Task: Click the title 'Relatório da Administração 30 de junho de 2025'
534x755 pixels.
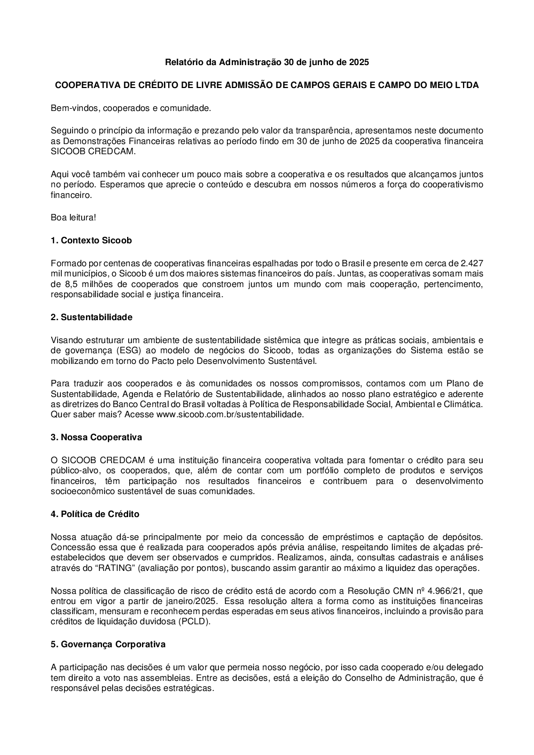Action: click(x=266, y=62)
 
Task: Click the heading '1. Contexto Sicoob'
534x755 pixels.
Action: click(x=91, y=240)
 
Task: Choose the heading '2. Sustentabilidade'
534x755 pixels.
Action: click(x=91, y=317)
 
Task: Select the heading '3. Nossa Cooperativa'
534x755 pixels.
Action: click(x=96, y=437)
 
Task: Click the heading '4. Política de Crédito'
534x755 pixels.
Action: click(x=95, y=514)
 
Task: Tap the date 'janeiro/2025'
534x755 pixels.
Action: click(x=192, y=601)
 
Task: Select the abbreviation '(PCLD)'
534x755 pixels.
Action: click(x=195, y=622)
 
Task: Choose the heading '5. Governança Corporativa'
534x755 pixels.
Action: click(x=108, y=644)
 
